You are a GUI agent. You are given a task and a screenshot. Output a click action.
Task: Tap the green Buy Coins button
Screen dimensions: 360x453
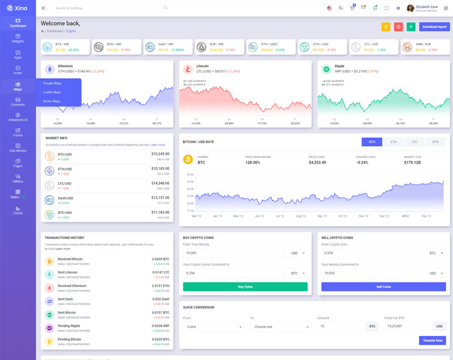pos(245,287)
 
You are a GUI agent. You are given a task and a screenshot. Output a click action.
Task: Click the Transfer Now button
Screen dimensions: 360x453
pos(432,340)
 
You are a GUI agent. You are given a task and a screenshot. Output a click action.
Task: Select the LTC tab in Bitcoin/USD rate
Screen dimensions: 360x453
pos(414,142)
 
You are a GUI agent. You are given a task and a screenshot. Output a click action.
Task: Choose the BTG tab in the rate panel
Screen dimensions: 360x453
pos(435,142)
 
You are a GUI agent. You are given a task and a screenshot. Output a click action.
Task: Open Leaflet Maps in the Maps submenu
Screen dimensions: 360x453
pos(52,92)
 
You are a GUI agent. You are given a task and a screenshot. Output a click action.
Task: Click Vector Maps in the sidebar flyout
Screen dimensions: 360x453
pos(52,101)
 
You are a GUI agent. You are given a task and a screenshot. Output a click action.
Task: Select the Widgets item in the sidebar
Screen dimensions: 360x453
pos(18,38)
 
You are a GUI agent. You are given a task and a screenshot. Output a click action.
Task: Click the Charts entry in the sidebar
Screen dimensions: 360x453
pos(18,210)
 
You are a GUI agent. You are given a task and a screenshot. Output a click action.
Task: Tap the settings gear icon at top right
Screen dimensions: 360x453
pos(446,8)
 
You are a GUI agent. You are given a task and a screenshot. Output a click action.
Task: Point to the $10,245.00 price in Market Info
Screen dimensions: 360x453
pos(160,153)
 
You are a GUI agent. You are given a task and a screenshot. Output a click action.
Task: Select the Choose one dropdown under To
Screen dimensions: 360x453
pos(280,327)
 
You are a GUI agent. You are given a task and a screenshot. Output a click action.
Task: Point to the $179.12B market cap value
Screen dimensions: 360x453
pos(412,162)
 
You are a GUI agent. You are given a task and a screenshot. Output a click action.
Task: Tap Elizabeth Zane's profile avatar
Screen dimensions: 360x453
pos(411,8)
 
